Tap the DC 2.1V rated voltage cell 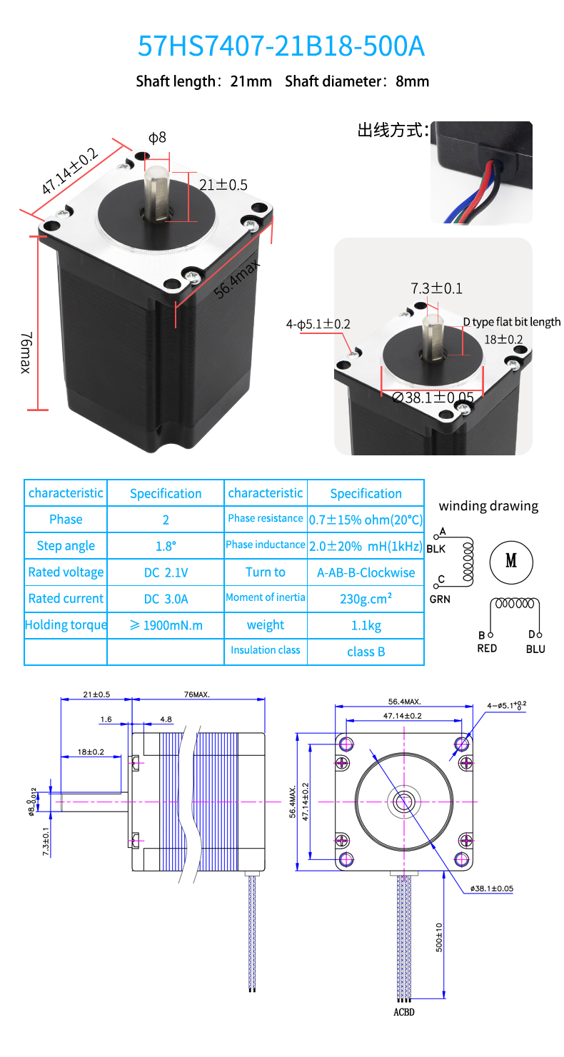pyautogui.click(x=166, y=572)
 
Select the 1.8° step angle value pyautogui.click(x=166, y=546)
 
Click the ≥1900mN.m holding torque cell pyautogui.click(x=166, y=625)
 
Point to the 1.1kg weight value pyautogui.click(x=366, y=625)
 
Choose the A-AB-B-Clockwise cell pyautogui.click(x=366, y=572)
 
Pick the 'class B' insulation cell pyautogui.click(x=366, y=652)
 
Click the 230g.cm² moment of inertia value pyautogui.click(x=366, y=599)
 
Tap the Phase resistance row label pyautogui.click(x=266, y=519)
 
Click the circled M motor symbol pyautogui.click(x=511, y=561)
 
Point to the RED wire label pyautogui.click(x=487, y=649)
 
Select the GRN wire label pyautogui.click(x=440, y=600)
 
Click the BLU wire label pyautogui.click(x=535, y=649)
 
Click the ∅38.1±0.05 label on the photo pyautogui.click(x=433, y=398)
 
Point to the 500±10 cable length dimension pyautogui.click(x=439, y=937)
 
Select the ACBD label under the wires pyautogui.click(x=403, y=1012)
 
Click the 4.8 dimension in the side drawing pyautogui.click(x=166, y=719)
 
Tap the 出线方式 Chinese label pyautogui.click(x=393, y=130)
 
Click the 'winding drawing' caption pyautogui.click(x=488, y=506)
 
